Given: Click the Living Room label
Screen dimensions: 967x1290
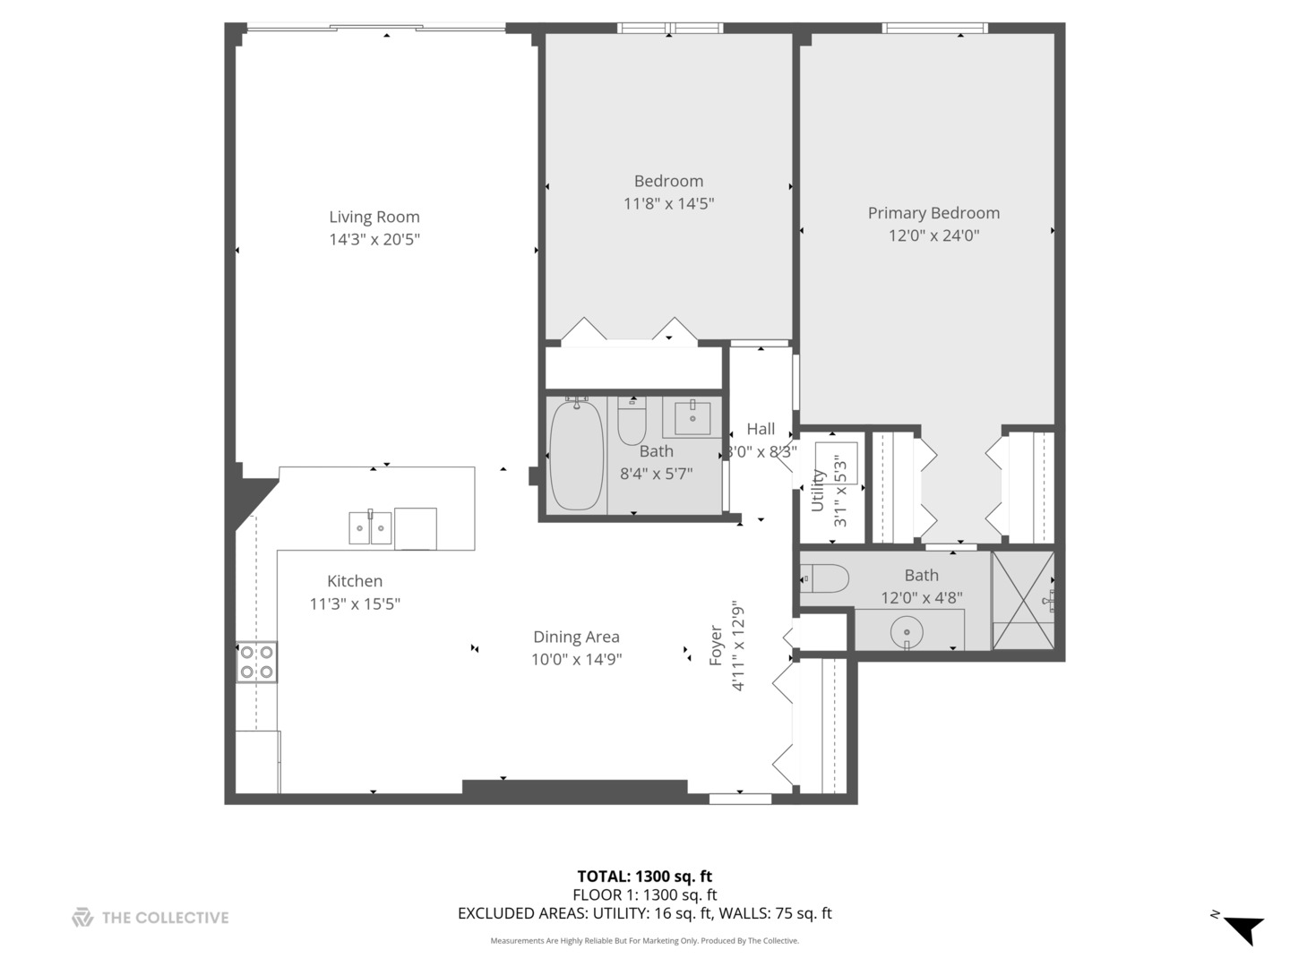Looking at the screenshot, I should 374,217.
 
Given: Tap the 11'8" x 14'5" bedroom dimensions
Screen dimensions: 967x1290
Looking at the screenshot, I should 668,203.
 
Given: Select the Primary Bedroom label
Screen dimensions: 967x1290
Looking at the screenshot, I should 933,213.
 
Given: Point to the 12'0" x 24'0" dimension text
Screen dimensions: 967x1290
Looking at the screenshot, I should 933,235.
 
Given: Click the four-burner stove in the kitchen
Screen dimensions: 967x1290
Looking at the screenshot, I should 256,663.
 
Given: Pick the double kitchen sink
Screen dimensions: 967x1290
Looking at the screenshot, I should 370,527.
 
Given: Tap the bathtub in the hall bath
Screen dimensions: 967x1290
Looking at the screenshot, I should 576,456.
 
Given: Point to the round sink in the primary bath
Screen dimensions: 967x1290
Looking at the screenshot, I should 907,632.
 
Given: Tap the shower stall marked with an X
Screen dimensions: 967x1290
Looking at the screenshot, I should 1022,600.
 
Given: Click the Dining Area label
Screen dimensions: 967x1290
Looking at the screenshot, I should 576,637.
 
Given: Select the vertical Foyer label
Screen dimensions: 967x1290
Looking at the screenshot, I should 716,645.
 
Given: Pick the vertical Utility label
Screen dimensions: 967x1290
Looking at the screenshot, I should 817,491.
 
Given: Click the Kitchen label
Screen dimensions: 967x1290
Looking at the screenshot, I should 355,581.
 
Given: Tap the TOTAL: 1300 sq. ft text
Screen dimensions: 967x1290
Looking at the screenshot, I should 644,877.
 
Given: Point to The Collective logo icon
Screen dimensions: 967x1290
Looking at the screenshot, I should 82,917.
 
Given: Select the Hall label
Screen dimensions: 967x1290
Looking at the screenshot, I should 761,429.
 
